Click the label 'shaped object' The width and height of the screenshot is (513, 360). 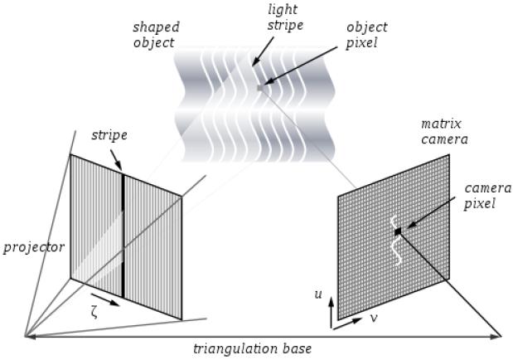tap(156, 35)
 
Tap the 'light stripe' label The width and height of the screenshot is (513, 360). tap(285, 17)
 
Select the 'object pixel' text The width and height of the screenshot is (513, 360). tap(366, 35)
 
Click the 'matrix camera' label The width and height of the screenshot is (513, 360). tap(444, 132)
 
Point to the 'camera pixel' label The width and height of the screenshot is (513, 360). tap(487, 197)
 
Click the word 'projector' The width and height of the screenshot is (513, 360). tap(34, 248)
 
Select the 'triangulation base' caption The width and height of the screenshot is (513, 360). tap(252, 349)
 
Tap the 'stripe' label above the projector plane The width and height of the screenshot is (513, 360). tap(109, 135)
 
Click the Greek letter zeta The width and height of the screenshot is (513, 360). tap(94, 314)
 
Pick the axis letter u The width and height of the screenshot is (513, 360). tap(318, 294)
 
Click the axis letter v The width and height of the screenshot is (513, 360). tap(373, 318)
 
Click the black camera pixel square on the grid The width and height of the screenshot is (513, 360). tap(398, 232)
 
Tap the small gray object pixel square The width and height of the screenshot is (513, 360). tap(260, 88)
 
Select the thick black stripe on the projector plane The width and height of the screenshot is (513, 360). tap(123, 236)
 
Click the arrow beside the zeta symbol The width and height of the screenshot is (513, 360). tap(105, 299)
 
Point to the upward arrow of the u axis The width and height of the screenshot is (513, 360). tap(332, 313)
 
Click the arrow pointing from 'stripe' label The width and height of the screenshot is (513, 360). tap(116, 160)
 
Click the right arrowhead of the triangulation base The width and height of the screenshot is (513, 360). tap(496, 336)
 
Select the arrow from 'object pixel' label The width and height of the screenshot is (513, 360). tap(300, 66)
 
